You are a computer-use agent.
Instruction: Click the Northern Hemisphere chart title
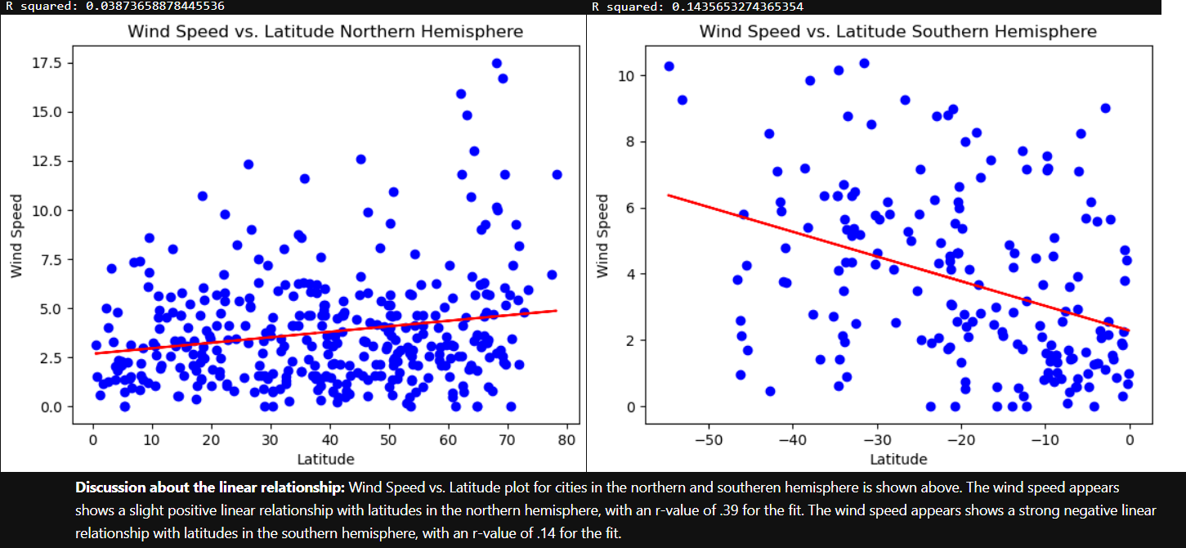coord(325,32)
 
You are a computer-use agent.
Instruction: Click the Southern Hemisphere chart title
coord(897,32)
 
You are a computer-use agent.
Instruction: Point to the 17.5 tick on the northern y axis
coord(47,64)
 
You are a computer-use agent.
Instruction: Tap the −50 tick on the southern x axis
coord(708,438)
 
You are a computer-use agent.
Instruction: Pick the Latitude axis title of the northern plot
coord(325,458)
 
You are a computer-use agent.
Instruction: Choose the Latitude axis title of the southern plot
coord(898,458)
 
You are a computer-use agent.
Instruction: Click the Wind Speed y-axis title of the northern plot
coord(16,236)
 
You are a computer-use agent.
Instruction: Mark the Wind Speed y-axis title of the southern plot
coord(602,236)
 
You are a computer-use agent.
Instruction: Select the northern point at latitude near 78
coord(557,174)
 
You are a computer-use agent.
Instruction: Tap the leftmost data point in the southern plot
coord(669,66)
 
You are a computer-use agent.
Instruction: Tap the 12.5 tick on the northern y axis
coord(47,162)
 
